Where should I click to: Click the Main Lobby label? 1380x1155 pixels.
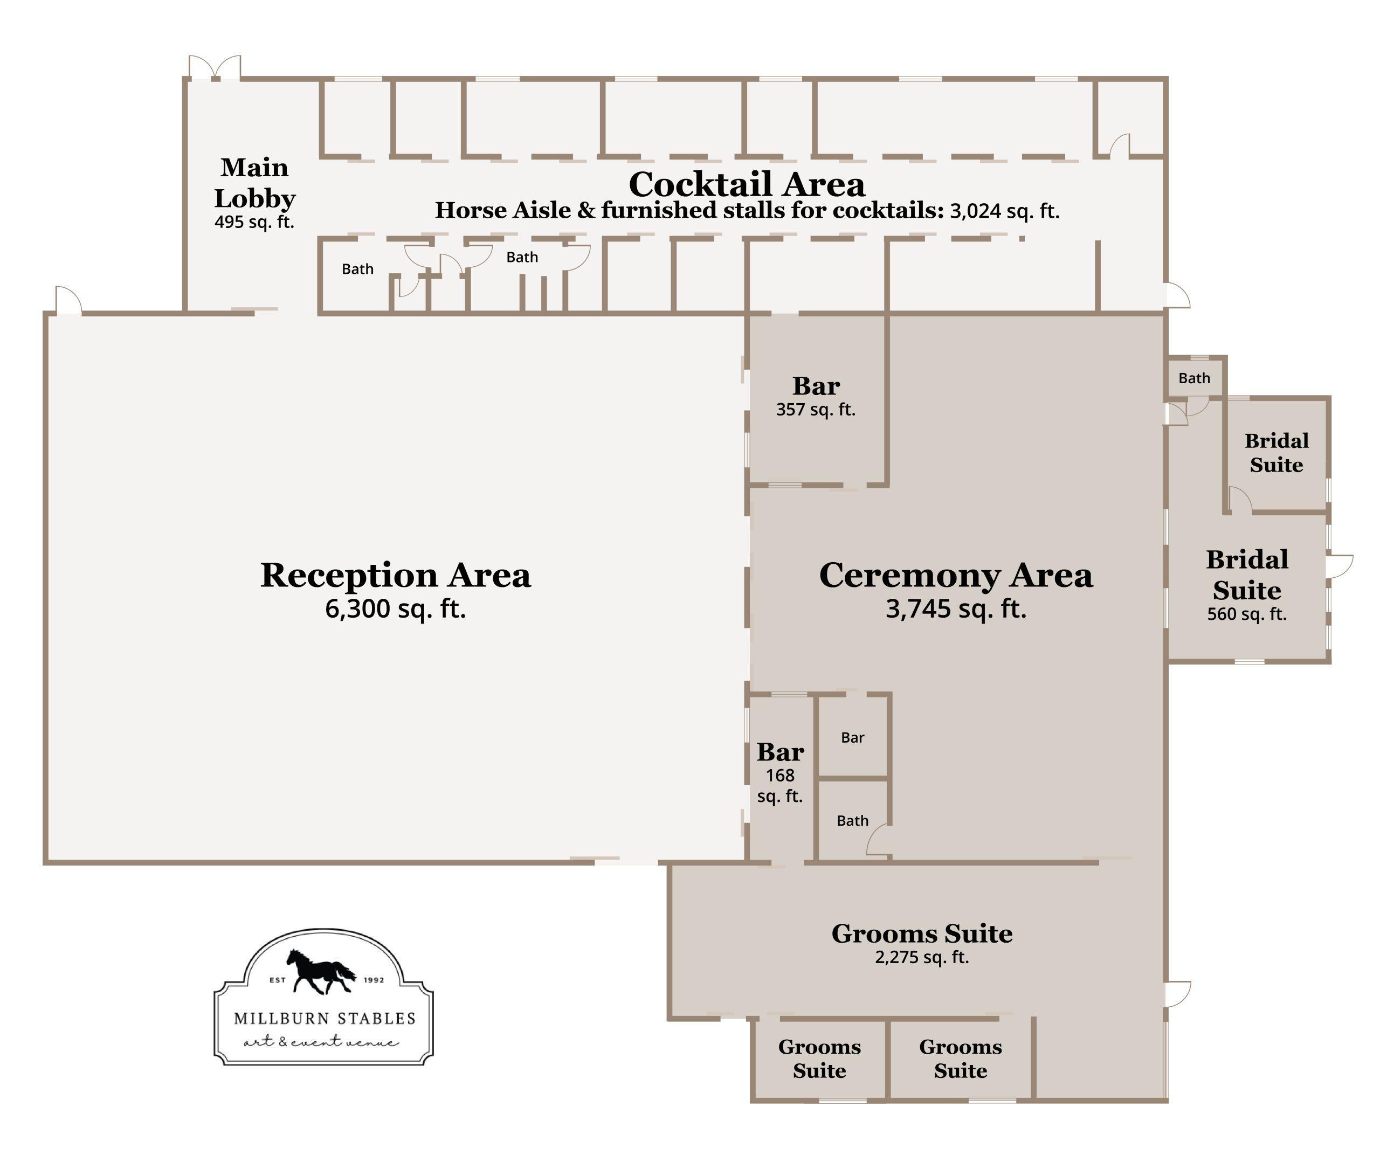254,183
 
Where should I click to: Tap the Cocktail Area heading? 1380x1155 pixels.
747,184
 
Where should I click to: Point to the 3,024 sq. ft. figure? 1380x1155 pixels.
1005,211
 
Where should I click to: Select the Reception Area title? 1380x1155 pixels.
396,575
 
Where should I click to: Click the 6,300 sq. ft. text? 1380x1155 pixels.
396,609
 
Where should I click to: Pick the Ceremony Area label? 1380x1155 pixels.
956,575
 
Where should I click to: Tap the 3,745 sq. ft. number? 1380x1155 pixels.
956,609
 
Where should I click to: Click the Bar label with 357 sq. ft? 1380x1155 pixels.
816,386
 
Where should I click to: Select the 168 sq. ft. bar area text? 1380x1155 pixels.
780,786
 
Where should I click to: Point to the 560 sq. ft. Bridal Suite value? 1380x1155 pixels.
1247,614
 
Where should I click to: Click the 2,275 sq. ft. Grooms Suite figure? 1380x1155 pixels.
922,957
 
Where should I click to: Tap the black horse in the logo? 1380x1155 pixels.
321,971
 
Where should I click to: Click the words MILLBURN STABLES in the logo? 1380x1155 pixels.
325,1018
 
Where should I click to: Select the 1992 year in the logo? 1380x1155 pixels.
374,980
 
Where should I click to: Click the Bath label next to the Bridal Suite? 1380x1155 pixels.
1194,378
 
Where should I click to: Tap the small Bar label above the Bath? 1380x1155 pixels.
852,738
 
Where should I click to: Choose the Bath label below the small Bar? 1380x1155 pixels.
852,821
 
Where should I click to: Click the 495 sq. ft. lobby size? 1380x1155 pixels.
254,222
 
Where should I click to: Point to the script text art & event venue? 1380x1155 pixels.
321,1042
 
